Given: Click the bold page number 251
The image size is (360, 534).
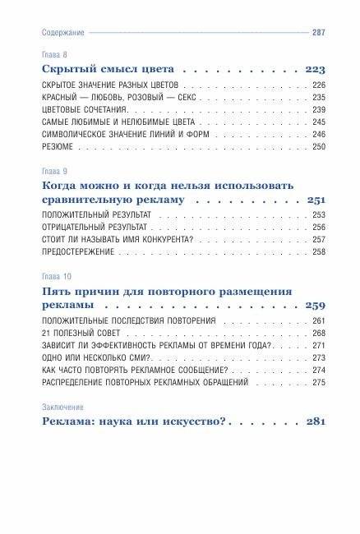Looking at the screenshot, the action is pyautogui.click(x=314, y=200).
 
